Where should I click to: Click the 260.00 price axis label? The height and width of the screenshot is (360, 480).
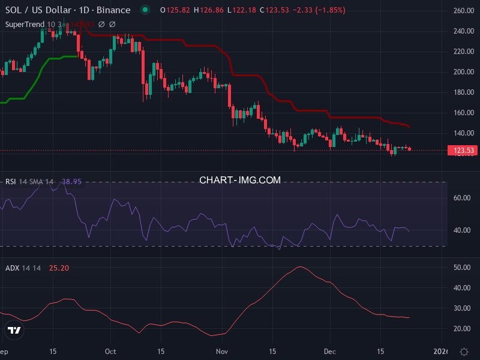(464, 11)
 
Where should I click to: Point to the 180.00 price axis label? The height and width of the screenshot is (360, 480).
(464, 92)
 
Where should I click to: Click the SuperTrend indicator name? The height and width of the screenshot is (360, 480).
(25, 24)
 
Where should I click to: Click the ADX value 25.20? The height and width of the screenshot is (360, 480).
(59, 268)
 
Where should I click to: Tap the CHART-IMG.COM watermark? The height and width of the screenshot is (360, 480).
(240, 180)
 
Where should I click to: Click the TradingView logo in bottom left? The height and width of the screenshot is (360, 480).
(14, 330)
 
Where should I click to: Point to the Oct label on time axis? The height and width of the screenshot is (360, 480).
(110, 351)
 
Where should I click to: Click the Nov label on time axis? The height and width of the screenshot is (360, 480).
(222, 351)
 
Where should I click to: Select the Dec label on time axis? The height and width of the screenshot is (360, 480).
(329, 351)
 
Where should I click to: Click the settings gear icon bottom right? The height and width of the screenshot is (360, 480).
(464, 352)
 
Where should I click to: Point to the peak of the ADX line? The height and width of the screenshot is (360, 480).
(300, 266)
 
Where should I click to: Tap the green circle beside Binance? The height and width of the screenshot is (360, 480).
(145, 10)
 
